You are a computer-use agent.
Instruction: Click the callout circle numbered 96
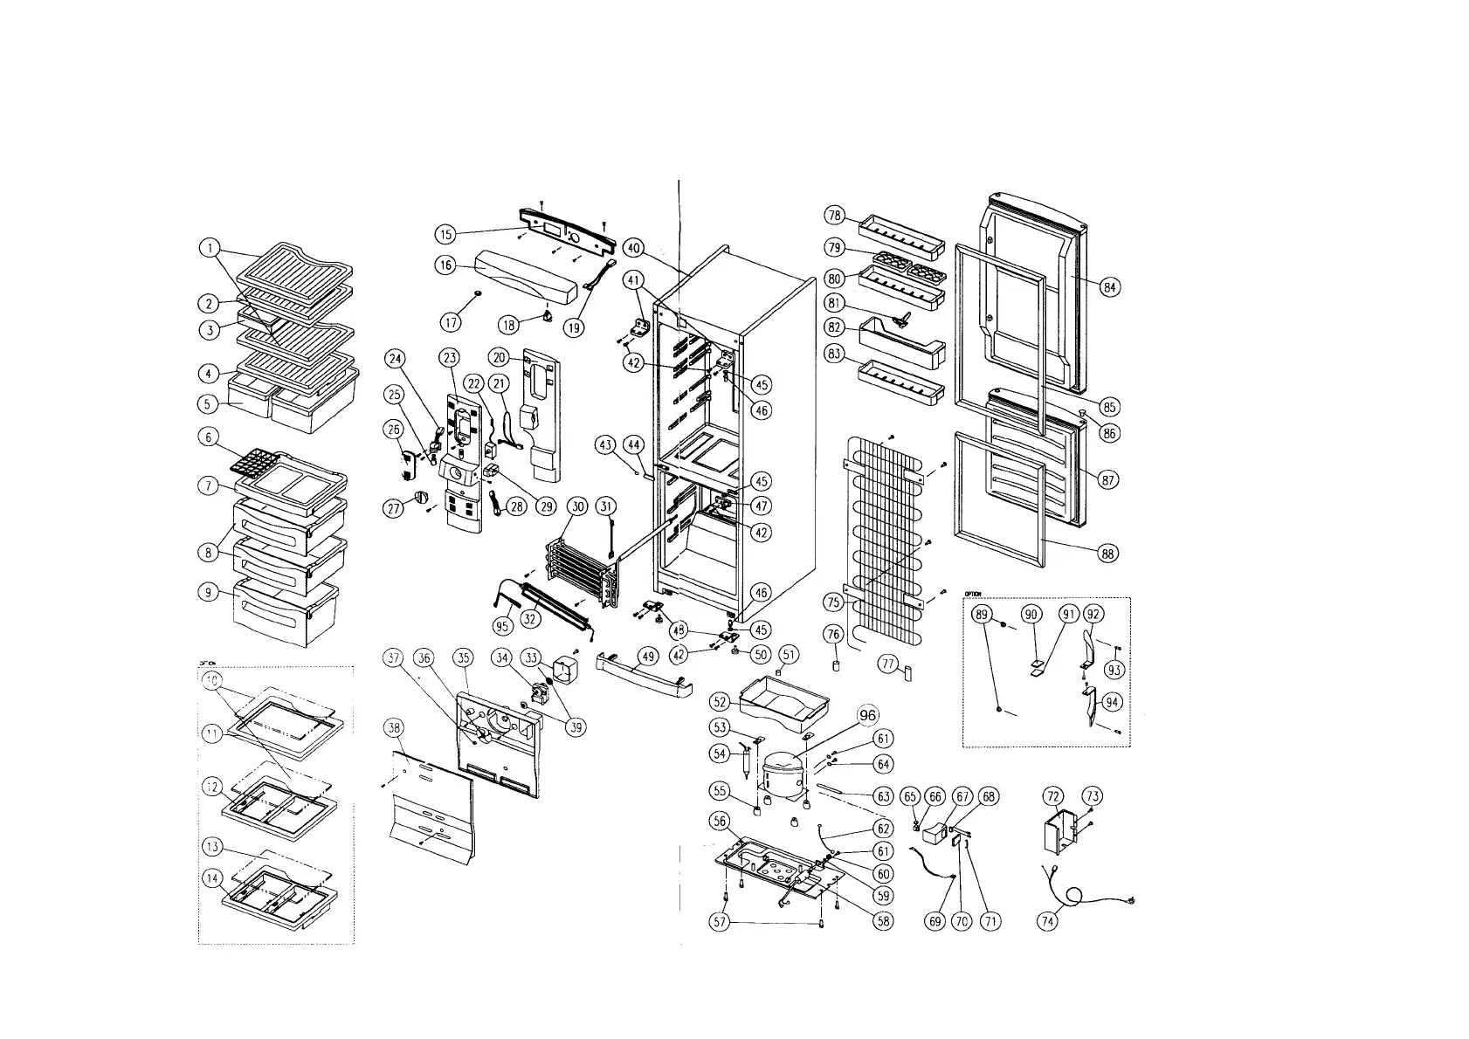pos(867,716)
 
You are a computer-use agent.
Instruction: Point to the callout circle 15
pos(445,234)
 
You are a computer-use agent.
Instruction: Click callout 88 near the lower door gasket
pos(1107,554)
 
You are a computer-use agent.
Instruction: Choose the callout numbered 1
pos(209,248)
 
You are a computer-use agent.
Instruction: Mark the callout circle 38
pos(394,728)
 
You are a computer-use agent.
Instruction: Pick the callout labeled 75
pos(834,602)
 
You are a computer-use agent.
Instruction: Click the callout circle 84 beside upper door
pos(1109,286)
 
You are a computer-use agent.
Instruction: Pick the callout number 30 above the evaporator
pos(576,506)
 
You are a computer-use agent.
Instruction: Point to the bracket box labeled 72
pos(1062,829)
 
